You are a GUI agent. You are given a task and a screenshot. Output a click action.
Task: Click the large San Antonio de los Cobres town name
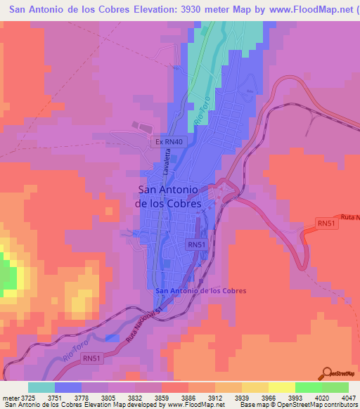[170, 196]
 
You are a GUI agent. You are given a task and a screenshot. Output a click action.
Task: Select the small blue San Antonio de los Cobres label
[200, 291]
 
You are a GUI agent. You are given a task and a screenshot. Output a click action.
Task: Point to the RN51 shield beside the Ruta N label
[325, 223]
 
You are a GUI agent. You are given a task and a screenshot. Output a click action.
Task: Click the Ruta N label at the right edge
[349, 216]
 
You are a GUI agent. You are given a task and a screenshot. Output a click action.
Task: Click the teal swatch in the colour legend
[41, 387]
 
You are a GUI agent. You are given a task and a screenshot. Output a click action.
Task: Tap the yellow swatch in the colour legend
[282, 387]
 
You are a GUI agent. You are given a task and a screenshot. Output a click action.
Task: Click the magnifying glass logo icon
[326, 372]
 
